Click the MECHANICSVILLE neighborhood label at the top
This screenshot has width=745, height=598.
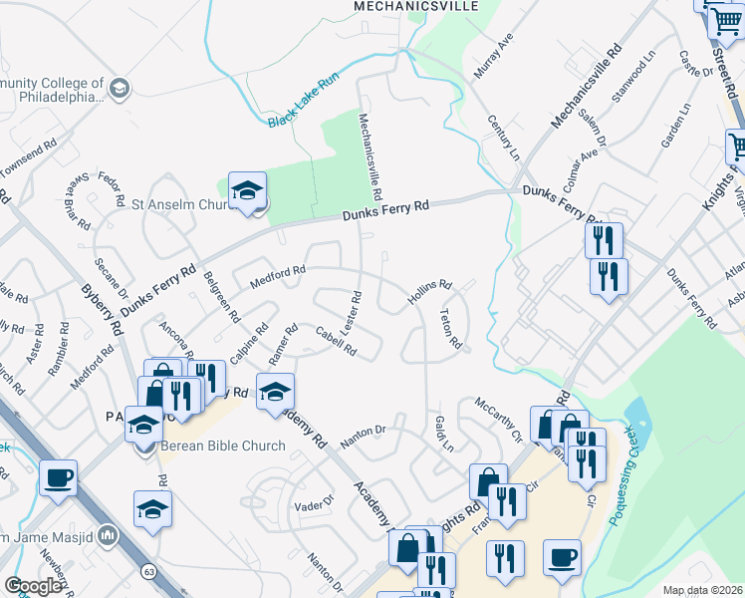click(416, 6)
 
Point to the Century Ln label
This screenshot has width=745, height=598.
click(502, 138)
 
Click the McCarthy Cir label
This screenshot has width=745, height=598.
click(498, 418)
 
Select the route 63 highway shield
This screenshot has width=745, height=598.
click(149, 572)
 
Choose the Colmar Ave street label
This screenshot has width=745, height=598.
click(580, 169)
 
